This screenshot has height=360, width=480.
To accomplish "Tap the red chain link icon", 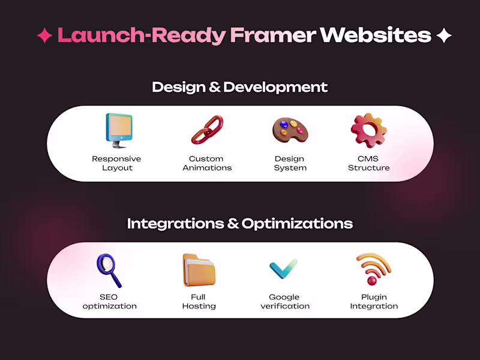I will pos(206,130).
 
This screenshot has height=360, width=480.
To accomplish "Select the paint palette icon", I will pos(290,130).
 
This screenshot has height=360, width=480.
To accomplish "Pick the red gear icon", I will pos(368,130).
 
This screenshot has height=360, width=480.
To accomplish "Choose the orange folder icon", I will pos(199,270).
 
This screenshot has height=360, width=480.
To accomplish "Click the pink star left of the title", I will pos(44,35).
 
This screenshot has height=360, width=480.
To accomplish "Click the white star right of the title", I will pos(444,35).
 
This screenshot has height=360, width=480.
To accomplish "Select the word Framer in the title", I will pos(273,35).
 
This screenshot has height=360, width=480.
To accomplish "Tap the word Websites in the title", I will pos(375,35).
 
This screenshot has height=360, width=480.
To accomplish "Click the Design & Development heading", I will pos(240,87).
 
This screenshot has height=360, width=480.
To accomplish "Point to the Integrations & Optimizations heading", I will pos(240,224).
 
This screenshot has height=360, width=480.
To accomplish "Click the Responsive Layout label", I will pos(116,163).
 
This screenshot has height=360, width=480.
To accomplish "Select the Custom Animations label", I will pos(206,163).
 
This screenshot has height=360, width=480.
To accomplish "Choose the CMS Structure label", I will pos(368,163).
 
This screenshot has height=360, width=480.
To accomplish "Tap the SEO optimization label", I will pos(109,301).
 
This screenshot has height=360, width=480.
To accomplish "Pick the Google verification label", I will pos(285,301).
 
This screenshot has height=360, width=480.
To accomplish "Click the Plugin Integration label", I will pos(374,301).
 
